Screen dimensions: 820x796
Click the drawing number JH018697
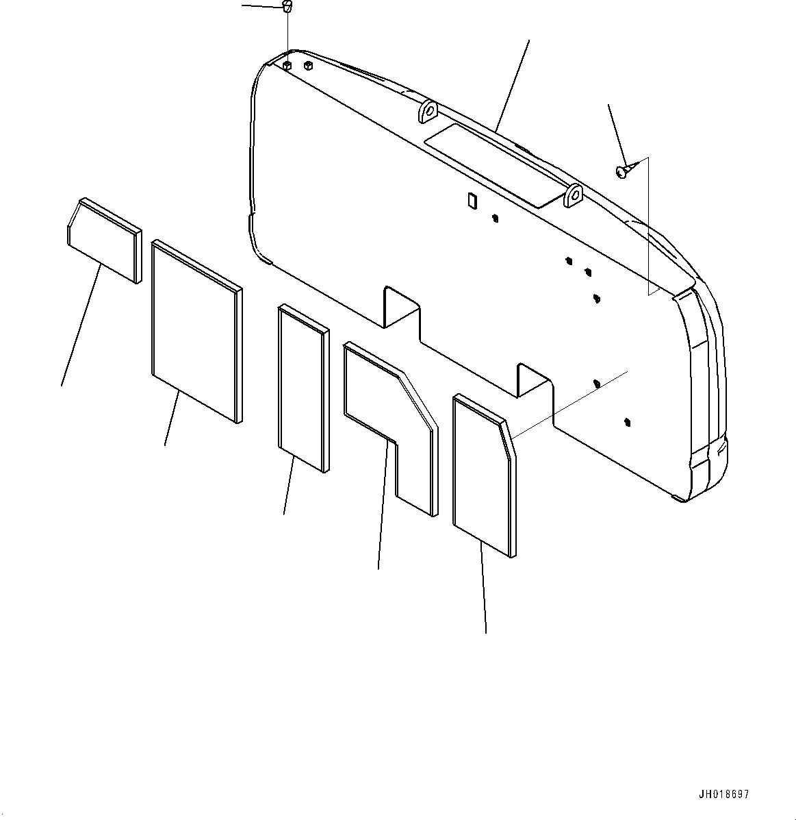723,795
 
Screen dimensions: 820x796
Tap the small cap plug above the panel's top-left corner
287,8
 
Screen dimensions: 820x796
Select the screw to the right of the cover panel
623,172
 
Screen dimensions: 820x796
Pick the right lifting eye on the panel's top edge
574,195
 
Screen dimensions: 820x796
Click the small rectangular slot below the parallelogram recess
471,200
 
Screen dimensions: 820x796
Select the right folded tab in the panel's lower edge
534,380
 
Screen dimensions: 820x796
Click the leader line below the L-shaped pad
384,507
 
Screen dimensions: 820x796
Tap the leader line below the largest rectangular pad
172,418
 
